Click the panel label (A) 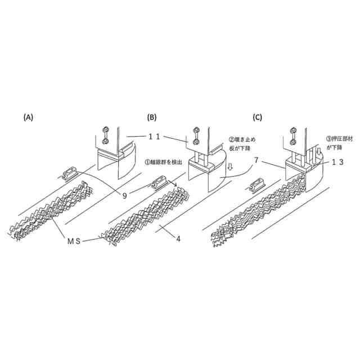click(29, 118)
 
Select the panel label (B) click(151, 118)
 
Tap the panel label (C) click(258, 118)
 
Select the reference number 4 click(178, 238)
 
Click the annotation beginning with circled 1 click(163, 162)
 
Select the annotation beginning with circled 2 click(244, 142)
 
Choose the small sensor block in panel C click(258, 183)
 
